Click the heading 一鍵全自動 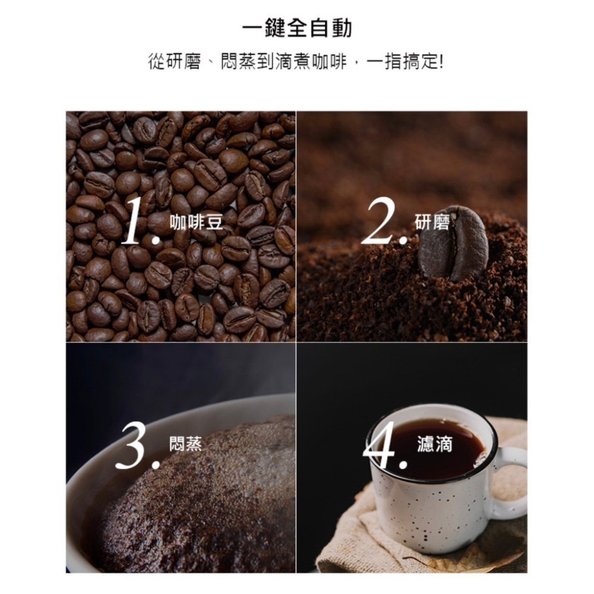297,28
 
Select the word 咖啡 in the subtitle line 329,61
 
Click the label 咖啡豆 196,222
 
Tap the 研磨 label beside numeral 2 432,222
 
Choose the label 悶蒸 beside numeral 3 186,443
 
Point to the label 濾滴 435,444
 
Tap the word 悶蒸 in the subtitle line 238,61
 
